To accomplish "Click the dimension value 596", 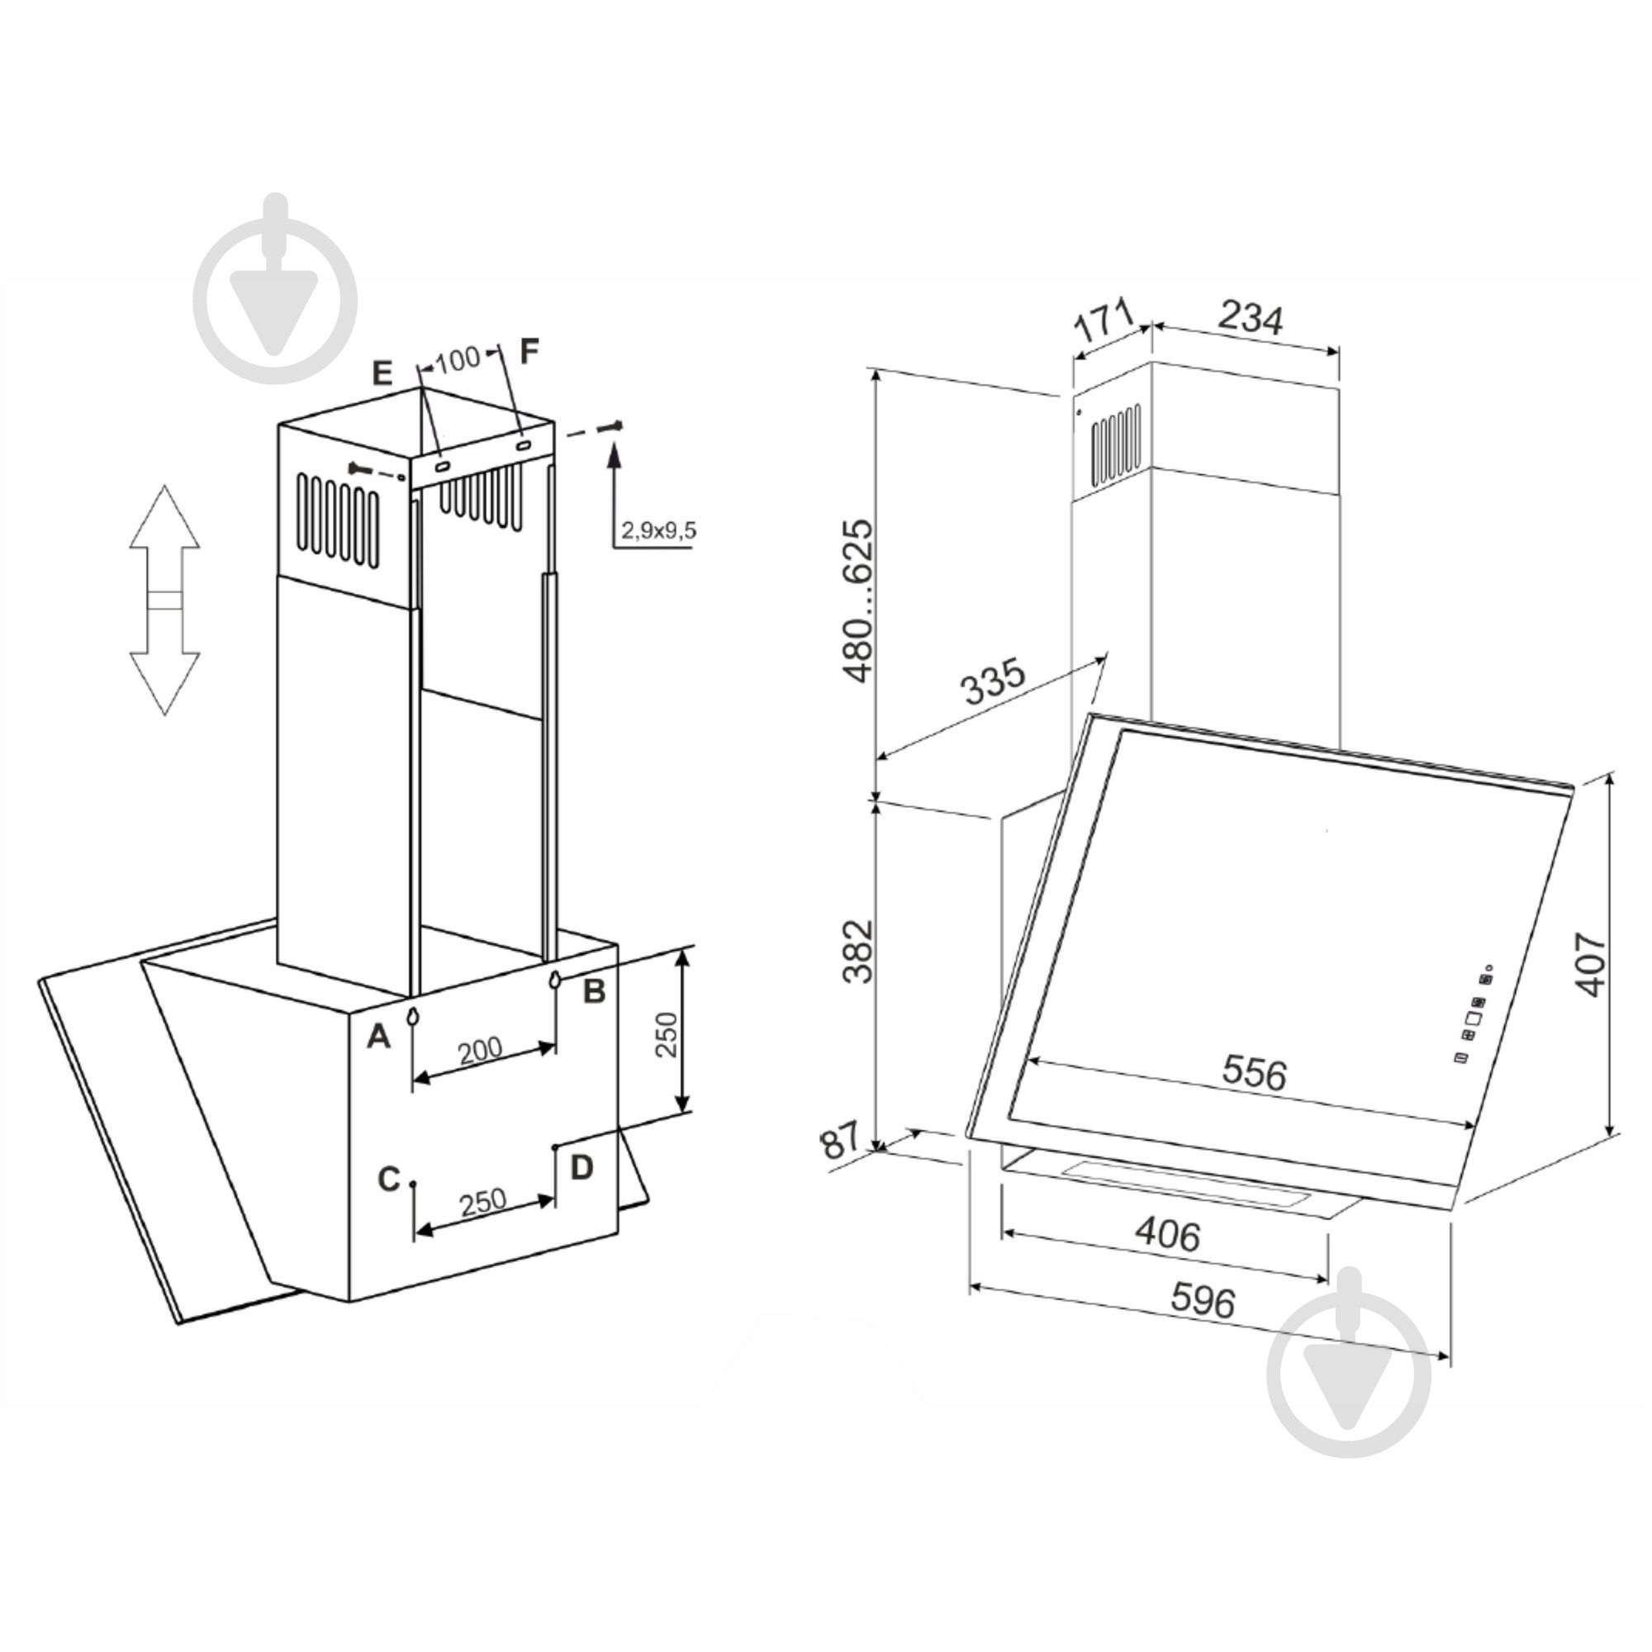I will (x=1202, y=1302).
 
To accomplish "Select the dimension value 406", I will (x=1167, y=1235).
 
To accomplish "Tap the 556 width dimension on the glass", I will (x=1254, y=1073).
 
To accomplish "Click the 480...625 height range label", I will (x=858, y=600).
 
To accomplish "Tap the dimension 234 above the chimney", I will (x=1250, y=318).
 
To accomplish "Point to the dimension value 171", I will (x=1102, y=321).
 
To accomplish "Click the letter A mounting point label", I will (x=378, y=1037).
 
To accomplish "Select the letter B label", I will (x=593, y=992).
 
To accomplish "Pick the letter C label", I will (x=389, y=1180).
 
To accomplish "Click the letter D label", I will (x=582, y=1167).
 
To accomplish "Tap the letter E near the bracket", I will (x=382, y=373).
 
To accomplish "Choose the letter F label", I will (x=530, y=350).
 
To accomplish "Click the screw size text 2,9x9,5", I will (x=658, y=531).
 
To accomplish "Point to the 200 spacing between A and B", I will (x=480, y=1050).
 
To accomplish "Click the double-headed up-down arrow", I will (x=165, y=600).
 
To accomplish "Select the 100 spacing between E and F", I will (x=458, y=360).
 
